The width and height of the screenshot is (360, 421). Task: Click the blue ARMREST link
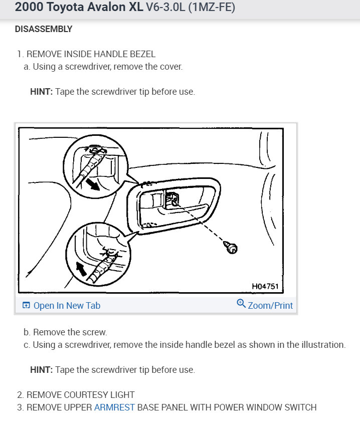point(114,407)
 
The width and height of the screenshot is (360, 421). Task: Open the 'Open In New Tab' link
point(66,305)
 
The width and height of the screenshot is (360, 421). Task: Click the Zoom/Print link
point(270,305)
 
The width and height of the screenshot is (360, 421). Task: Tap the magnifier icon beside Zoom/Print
point(241,304)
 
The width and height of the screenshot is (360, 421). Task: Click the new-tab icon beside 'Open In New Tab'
point(26,305)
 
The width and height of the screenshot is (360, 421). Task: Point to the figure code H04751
point(265,287)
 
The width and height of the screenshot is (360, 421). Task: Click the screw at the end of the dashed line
point(231,247)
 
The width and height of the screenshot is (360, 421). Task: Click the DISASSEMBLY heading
point(44,29)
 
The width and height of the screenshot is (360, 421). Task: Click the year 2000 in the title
point(29,9)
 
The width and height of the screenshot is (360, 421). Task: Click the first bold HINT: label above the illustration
point(41,92)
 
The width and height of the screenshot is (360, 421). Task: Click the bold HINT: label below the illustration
point(41,370)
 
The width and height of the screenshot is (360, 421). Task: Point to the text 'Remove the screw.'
point(70,332)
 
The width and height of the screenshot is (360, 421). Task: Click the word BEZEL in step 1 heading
point(143,54)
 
